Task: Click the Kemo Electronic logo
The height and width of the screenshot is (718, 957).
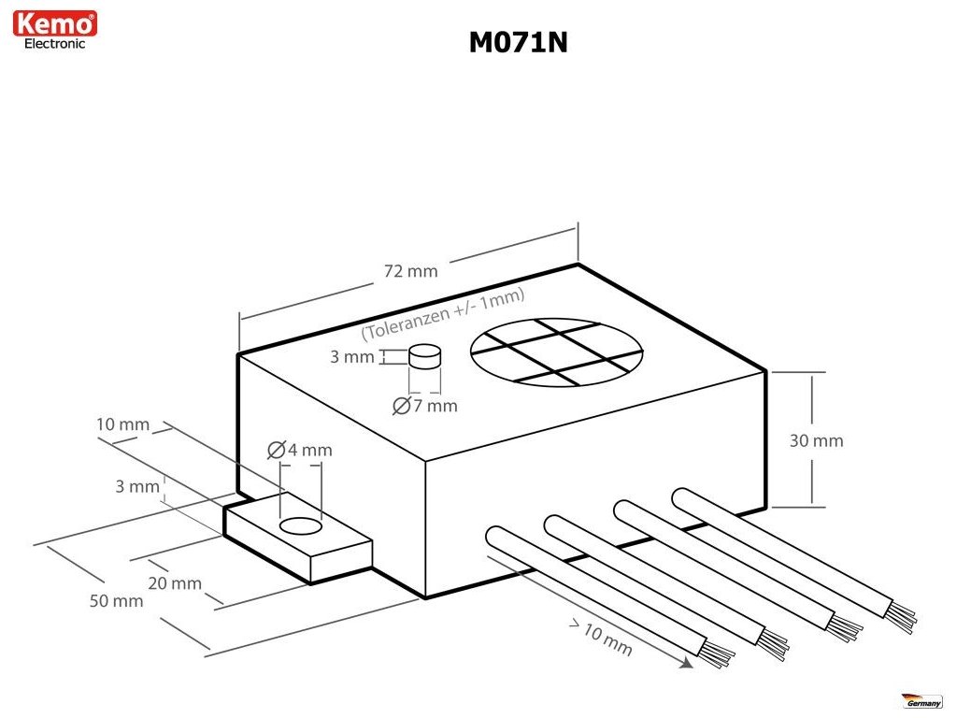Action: (54, 29)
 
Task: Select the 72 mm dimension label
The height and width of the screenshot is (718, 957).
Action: (410, 271)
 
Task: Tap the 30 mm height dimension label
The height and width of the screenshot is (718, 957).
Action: (816, 440)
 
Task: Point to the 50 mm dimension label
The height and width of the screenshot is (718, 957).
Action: (116, 601)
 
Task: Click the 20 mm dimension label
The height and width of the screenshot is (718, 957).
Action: (174, 583)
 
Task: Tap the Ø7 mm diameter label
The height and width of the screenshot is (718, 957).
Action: (425, 406)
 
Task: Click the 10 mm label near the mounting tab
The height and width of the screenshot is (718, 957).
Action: (122, 424)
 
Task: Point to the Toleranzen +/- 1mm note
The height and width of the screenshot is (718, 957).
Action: (443, 312)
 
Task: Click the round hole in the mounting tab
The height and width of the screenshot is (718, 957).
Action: (302, 526)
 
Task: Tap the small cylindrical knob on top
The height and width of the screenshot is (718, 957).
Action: (425, 356)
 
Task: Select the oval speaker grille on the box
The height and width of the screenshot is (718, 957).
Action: (557, 352)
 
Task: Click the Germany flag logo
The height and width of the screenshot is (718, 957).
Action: (920, 701)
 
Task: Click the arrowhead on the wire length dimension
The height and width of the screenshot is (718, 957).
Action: (688, 663)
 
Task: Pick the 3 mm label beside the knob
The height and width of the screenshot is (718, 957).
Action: (351, 356)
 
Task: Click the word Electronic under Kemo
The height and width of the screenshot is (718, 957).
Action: (54, 43)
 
